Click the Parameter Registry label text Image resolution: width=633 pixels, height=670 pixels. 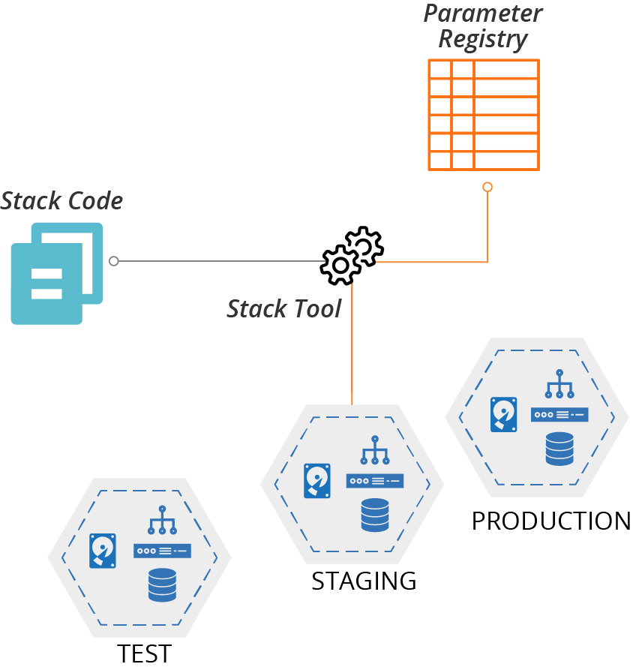[x=482, y=26]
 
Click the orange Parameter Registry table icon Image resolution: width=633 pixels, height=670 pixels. [x=483, y=114]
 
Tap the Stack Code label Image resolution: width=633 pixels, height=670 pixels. [x=61, y=201]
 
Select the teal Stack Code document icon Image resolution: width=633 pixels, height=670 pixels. [x=56, y=273]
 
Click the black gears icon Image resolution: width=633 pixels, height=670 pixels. [x=352, y=254]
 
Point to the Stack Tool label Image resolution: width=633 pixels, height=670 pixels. [x=284, y=308]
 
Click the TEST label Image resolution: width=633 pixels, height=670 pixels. [x=145, y=653]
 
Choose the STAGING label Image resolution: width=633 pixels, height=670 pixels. [x=364, y=581]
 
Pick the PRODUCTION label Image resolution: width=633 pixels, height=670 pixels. [x=551, y=521]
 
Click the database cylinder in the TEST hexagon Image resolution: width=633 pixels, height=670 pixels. [x=162, y=584]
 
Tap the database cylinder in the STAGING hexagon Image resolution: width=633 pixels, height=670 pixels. [x=374, y=515]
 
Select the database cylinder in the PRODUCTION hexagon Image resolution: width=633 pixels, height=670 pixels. [x=559, y=449]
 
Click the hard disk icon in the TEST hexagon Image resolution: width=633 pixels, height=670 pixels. [x=103, y=551]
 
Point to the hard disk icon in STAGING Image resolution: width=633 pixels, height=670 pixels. [x=316, y=481]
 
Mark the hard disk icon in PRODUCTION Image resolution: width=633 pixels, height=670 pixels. [x=503, y=415]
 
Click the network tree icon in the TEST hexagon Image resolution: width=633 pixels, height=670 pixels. [x=161, y=521]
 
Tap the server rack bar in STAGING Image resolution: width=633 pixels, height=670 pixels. [x=374, y=481]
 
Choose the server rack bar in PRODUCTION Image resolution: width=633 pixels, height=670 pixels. [x=559, y=414]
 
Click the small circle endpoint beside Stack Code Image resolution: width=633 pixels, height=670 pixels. [x=113, y=261]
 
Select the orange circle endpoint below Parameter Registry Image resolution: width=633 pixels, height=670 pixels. [x=487, y=186]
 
